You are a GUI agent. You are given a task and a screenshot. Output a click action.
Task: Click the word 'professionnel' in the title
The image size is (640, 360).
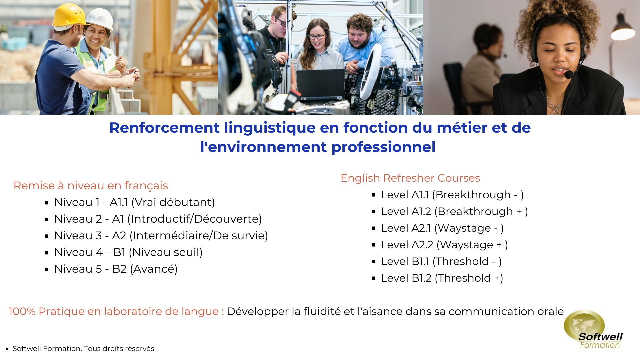coord(383,147)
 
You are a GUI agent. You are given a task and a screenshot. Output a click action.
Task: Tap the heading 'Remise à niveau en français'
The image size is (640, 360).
coord(91,186)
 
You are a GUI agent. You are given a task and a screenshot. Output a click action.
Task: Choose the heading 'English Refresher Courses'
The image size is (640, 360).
coord(410,178)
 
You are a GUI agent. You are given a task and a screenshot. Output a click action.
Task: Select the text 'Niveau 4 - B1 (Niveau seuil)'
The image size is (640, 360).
coord(128,252)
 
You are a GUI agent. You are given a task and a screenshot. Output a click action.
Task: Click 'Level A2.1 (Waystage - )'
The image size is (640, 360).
coord(442,228)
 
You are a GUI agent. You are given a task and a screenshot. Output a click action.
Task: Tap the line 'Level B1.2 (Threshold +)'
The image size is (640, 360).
coord(442,278)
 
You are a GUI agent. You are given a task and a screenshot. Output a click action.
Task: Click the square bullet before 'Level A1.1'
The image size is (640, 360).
coord(373,195)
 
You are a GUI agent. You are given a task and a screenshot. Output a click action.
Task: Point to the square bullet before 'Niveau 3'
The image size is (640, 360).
coord(47,236)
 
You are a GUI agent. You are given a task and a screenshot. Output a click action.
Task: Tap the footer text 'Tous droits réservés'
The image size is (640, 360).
coord(119,349)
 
